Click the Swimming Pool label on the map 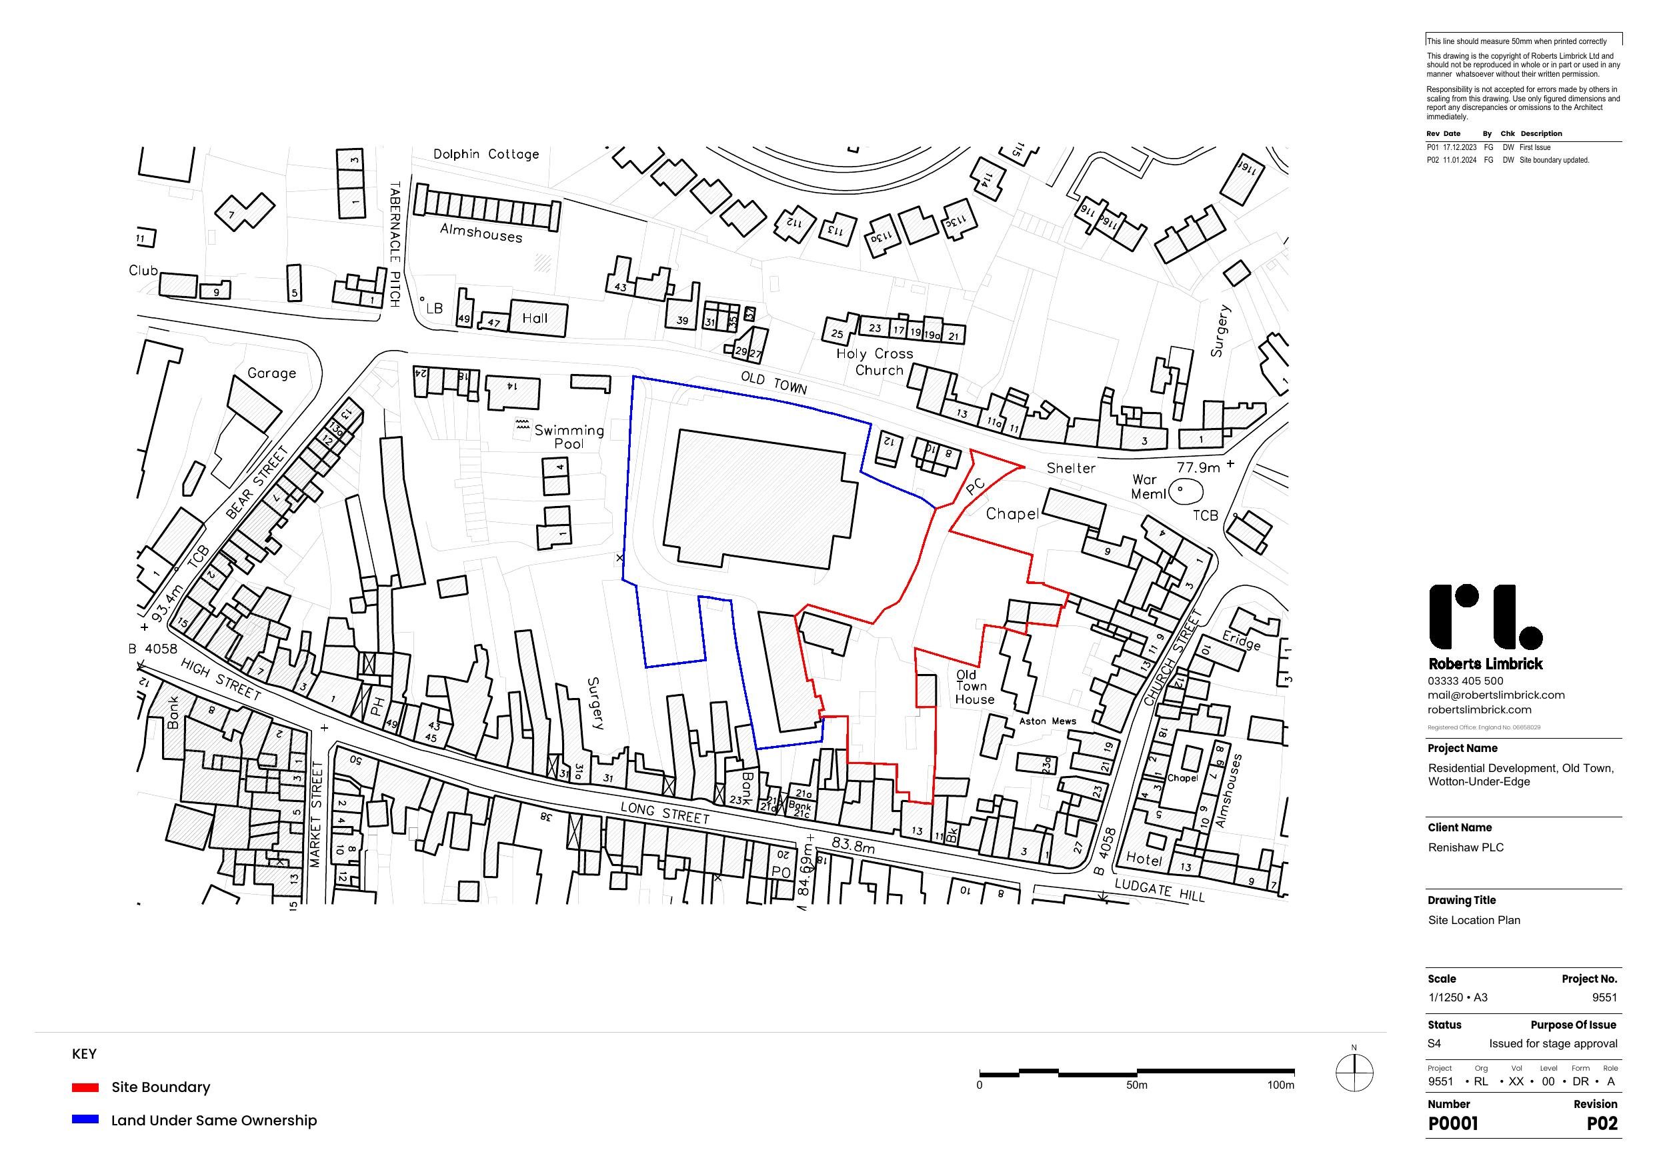(569, 436)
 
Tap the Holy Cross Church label (875, 362)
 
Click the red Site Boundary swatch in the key (85, 1087)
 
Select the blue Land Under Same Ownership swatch (85, 1119)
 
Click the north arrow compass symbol (1354, 1073)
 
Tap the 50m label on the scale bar (1137, 1085)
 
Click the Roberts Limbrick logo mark (1484, 617)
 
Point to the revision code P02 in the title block (1602, 1123)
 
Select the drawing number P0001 (1452, 1123)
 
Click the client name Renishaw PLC (1466, 847)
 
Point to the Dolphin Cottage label (486, 153)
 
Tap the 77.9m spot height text (1198, 468)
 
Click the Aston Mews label (1048, 721)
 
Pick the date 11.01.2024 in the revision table (1459, 160)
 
